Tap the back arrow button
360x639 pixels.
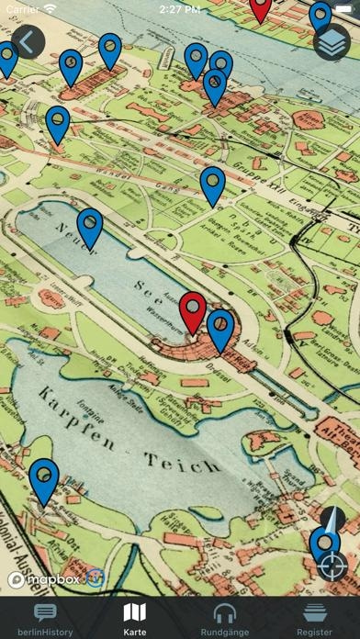point(27,41)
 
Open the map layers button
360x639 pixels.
point(332,42)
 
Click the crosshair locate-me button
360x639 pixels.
point(332,564)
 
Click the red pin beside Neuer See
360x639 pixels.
point(192,309)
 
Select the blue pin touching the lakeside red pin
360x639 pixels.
point(220,329)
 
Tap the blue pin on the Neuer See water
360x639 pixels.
point(89,227)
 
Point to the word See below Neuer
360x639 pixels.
point(146,281)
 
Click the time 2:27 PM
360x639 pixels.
point(179,8)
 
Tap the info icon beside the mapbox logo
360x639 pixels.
point(96,579)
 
